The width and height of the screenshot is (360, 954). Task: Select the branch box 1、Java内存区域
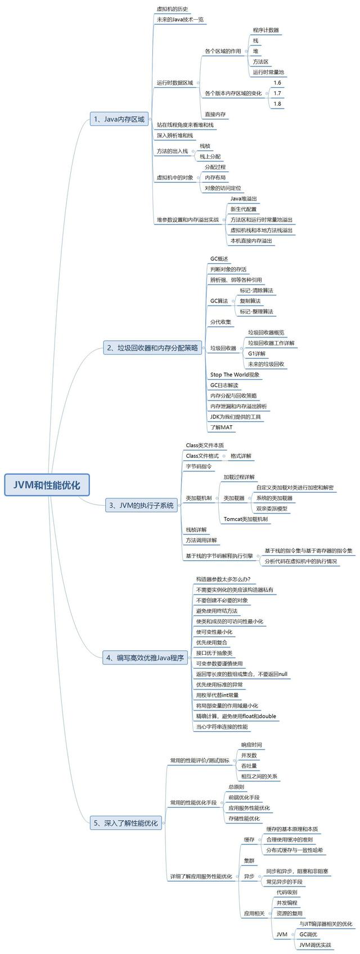pos(119,119)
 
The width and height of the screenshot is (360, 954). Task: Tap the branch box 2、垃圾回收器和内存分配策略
pos(153,348)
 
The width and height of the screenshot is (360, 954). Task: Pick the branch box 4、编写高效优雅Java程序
pos(145,658)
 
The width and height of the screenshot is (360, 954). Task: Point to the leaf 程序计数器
pos(265,30)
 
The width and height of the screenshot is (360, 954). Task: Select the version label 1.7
pos(277,93)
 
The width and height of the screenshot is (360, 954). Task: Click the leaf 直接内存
pos(215,114)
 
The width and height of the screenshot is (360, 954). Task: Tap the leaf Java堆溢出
pos(244,199)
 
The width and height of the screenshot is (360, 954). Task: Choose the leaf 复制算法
pos(250,301)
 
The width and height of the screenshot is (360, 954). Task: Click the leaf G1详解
pos(256,354)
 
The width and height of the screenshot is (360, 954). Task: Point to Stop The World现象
pos(235,375)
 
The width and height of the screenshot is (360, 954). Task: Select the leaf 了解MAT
pos(221,427)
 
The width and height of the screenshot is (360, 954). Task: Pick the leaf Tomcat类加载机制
pos(245,519)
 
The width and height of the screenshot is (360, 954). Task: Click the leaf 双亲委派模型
pos(272,508)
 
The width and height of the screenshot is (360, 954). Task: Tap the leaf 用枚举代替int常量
pos(217,695)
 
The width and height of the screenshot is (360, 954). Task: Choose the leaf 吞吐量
pos(249,766)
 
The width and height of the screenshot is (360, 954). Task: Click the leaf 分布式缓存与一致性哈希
pos(294,850)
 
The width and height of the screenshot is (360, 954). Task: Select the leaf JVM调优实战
pos(315,945)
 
